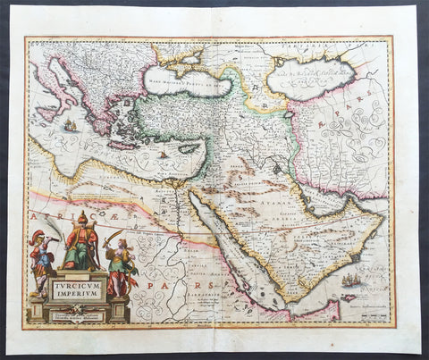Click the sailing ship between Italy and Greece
[x=69, y=125]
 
